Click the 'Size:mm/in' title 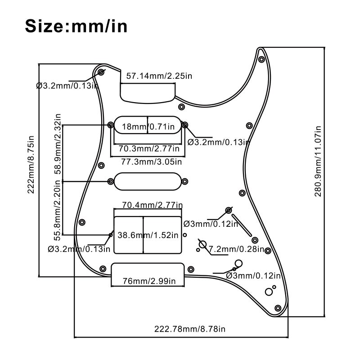pyautogui.click(x=76, y=26)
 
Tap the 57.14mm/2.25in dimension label pyautogui.click(x=159, y=76)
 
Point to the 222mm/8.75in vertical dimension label pyautogui.click(x=31, y=164)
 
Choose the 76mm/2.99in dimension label pyautogui.click(x=149, y=281)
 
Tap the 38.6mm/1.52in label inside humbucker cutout pyautogui.click(x=148, y=235)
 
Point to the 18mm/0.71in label pyautogui.click(x=148, y=127)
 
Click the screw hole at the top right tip pyautogui.click(x=261, y=59)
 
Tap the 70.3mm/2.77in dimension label pyautogui.click(x=149, y=148)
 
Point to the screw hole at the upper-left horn pyautogui.click(x=101, y=72)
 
